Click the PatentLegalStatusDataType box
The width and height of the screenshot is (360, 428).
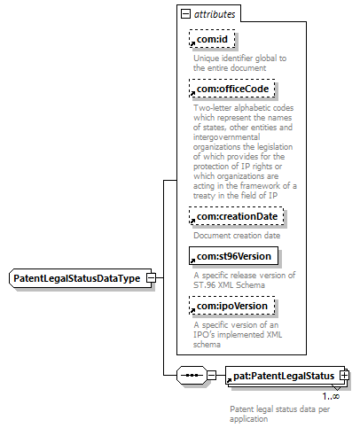point(81,278)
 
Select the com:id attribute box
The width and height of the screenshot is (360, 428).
point(212,39)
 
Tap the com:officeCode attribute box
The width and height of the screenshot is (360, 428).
point(232,89)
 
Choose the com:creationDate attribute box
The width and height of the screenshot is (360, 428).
point(237,216)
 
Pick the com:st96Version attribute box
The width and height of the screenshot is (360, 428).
point(233,256)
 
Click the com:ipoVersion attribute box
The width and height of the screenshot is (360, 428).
point(232,306)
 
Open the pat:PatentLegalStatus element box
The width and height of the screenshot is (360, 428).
point(285,376)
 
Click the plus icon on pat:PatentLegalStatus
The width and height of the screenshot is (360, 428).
point(344,376)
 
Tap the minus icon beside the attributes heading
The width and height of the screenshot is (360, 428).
point(185,13)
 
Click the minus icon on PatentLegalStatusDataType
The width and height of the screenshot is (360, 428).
point(151,278)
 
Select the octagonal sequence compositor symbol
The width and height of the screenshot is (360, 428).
point(192,376)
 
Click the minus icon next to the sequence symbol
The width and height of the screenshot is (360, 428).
point(211,376)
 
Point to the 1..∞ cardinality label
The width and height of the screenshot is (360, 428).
point(331,396)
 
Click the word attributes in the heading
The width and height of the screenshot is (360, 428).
point(215,14)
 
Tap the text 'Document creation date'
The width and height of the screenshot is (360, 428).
point(237,236)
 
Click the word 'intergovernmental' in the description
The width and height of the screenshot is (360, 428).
point(227,137)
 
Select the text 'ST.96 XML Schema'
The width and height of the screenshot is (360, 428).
point(229,285)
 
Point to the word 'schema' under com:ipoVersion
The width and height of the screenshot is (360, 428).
point(207,345)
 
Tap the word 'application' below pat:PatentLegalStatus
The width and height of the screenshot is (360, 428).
point(249,419)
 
